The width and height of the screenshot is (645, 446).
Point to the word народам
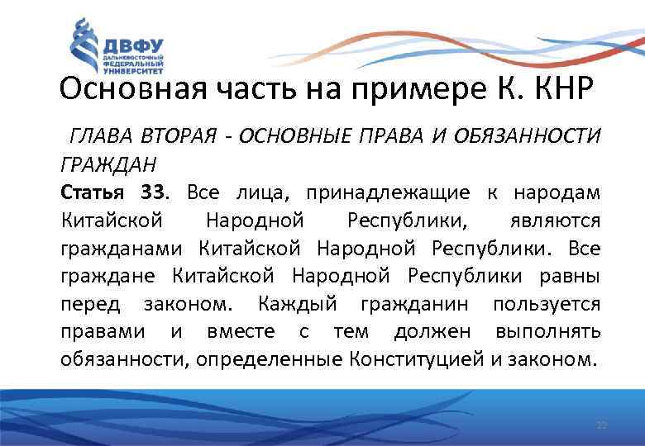point(557,192)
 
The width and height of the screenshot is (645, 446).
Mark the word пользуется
point(547,304)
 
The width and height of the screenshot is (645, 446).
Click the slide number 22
point(601,425)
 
